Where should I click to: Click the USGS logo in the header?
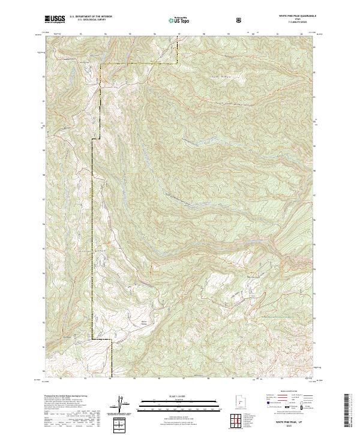[x=55, y=20]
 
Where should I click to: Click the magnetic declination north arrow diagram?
[x=121, y=404]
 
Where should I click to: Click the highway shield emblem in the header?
[x=241, y=20]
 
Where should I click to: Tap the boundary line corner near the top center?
[x=178, y=62]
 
